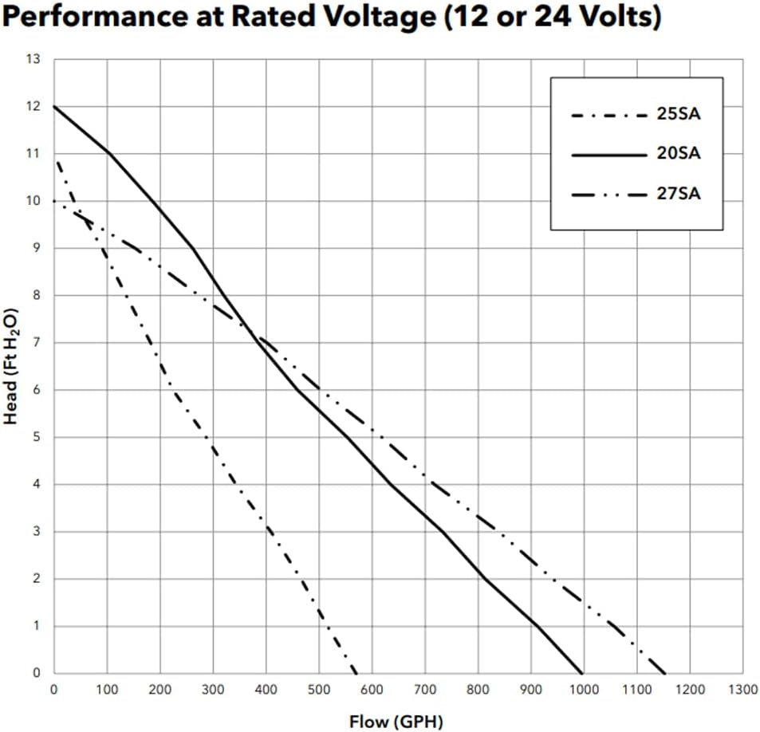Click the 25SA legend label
pyautogui.click(x=678, y=113)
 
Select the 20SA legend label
pyautogui.click(x=678, y=153)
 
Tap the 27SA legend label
pyautogui.click(x=678, y=193)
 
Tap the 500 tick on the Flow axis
pyautogui.click(x=318, y=689)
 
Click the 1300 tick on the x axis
pyautogui.click(x=743, y=689)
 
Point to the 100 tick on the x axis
pyautogui.click(x=107, y=689)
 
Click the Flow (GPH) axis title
pyautogui.click(x=396, y=722)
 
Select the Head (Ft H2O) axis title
pyautogui.click(x=11, y=366)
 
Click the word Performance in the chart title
pyautogui.click(x=86, y=18)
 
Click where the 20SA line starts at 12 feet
pyautogui.click(x=54, y=106)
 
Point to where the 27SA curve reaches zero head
pyautogui.click(x=665, y=673)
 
